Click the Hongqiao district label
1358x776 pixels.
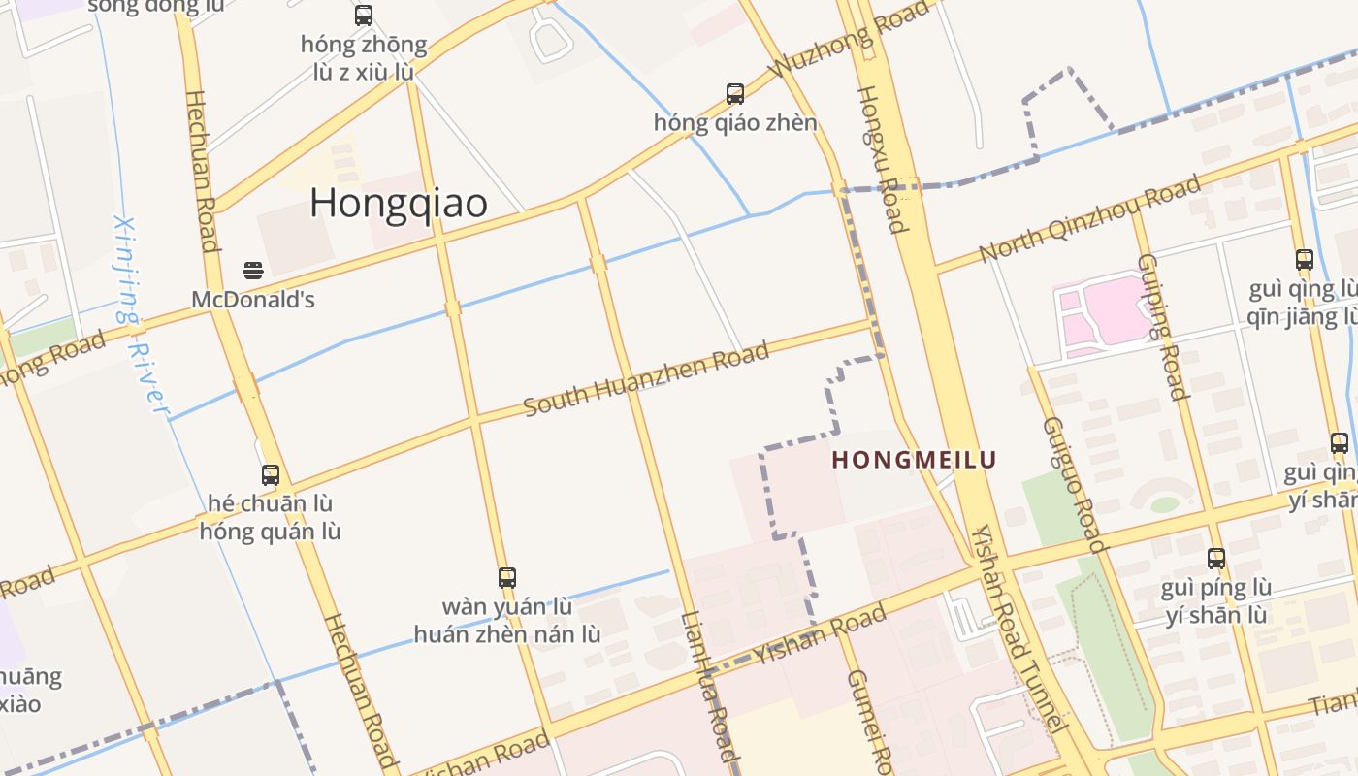[399, 203]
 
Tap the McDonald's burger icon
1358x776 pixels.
[253, 270]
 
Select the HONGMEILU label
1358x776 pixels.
[915, 460]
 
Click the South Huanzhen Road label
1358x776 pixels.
[646, 378]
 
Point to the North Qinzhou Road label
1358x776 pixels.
[1089, 218]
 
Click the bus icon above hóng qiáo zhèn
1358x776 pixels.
[735, 94]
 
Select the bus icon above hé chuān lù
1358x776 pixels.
[271, 475]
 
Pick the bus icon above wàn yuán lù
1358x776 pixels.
[507, 578]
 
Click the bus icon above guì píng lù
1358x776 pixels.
[1216, 559]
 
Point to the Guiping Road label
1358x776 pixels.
[1162, 326]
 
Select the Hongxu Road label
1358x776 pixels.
[882, 159]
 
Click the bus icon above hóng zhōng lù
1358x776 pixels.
[364, 16]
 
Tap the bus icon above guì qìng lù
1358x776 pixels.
[1305, 260]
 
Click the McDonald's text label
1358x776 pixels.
[253, 300]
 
